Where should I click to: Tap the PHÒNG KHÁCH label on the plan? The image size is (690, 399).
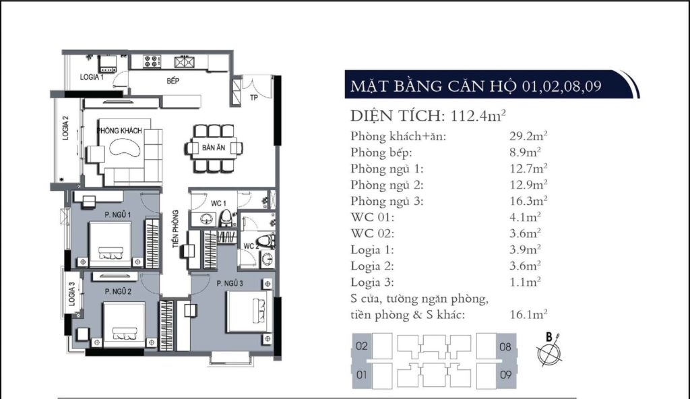point(119,130)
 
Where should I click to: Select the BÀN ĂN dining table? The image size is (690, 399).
point(209,148)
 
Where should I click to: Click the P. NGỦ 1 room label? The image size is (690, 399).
point(117,215)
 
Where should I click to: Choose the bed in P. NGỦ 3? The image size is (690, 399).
point(249,311)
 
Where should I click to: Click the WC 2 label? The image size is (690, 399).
point(249,245)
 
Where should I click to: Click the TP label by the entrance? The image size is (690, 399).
point(254,97)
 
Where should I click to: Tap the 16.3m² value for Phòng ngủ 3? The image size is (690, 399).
point(528,200)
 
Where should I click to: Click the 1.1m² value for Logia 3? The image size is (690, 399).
point(525,282)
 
